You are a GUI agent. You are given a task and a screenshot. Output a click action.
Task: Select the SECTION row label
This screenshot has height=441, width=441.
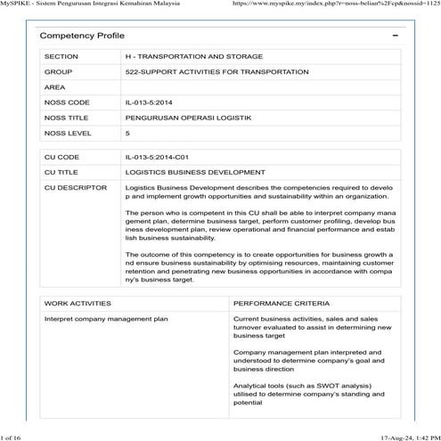coord(61,55)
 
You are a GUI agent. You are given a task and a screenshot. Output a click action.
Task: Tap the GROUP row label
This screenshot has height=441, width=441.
coord(58,71)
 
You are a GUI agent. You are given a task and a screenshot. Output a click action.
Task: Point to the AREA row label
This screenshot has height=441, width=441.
coord(55,87)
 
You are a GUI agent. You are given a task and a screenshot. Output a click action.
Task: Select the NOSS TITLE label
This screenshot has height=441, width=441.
coord(67,118)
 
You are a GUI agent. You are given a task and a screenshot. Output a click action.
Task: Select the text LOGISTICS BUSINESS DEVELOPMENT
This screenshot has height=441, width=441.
coord(194,172)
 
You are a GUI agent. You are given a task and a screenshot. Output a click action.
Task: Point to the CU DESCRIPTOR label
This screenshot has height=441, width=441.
coord(74,188)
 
